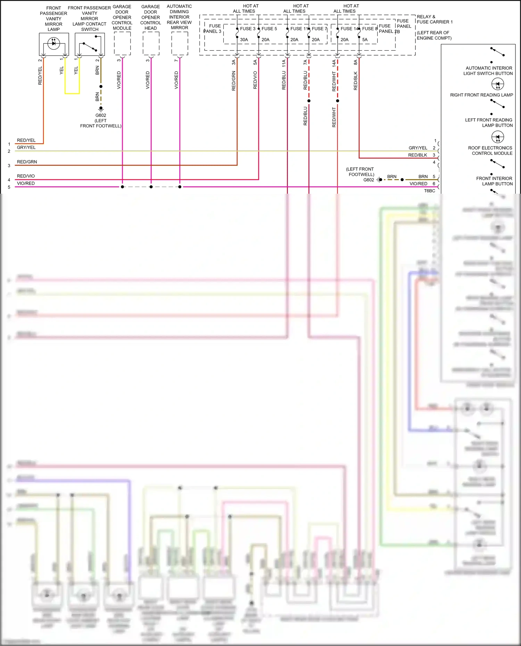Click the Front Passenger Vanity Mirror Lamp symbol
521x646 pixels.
(54, 43)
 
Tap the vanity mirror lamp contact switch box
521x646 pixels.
(90, 44)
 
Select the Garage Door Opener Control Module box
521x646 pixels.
(122, 43)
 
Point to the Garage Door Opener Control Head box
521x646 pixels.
(151, 43)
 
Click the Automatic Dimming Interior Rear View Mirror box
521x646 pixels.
(180, 43)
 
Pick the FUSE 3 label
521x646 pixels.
(248, 29)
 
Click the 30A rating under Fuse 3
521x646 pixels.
(244, 40)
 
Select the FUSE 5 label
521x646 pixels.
(269, 29)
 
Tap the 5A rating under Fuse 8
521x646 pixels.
(365, 40)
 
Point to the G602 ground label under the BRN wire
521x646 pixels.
(101, 116)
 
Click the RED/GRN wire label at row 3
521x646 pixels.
(27, 162)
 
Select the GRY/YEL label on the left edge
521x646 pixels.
(26, 148)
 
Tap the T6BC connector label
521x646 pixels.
(430, 191)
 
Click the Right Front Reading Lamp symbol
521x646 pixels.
(498, 84)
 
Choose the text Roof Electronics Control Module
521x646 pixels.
(490, 151)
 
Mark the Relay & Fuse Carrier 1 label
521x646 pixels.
(435, 19)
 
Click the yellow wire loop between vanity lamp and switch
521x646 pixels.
(72, 93)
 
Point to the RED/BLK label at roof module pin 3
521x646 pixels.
(417, 155)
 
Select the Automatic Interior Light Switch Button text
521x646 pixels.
(488, 71)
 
